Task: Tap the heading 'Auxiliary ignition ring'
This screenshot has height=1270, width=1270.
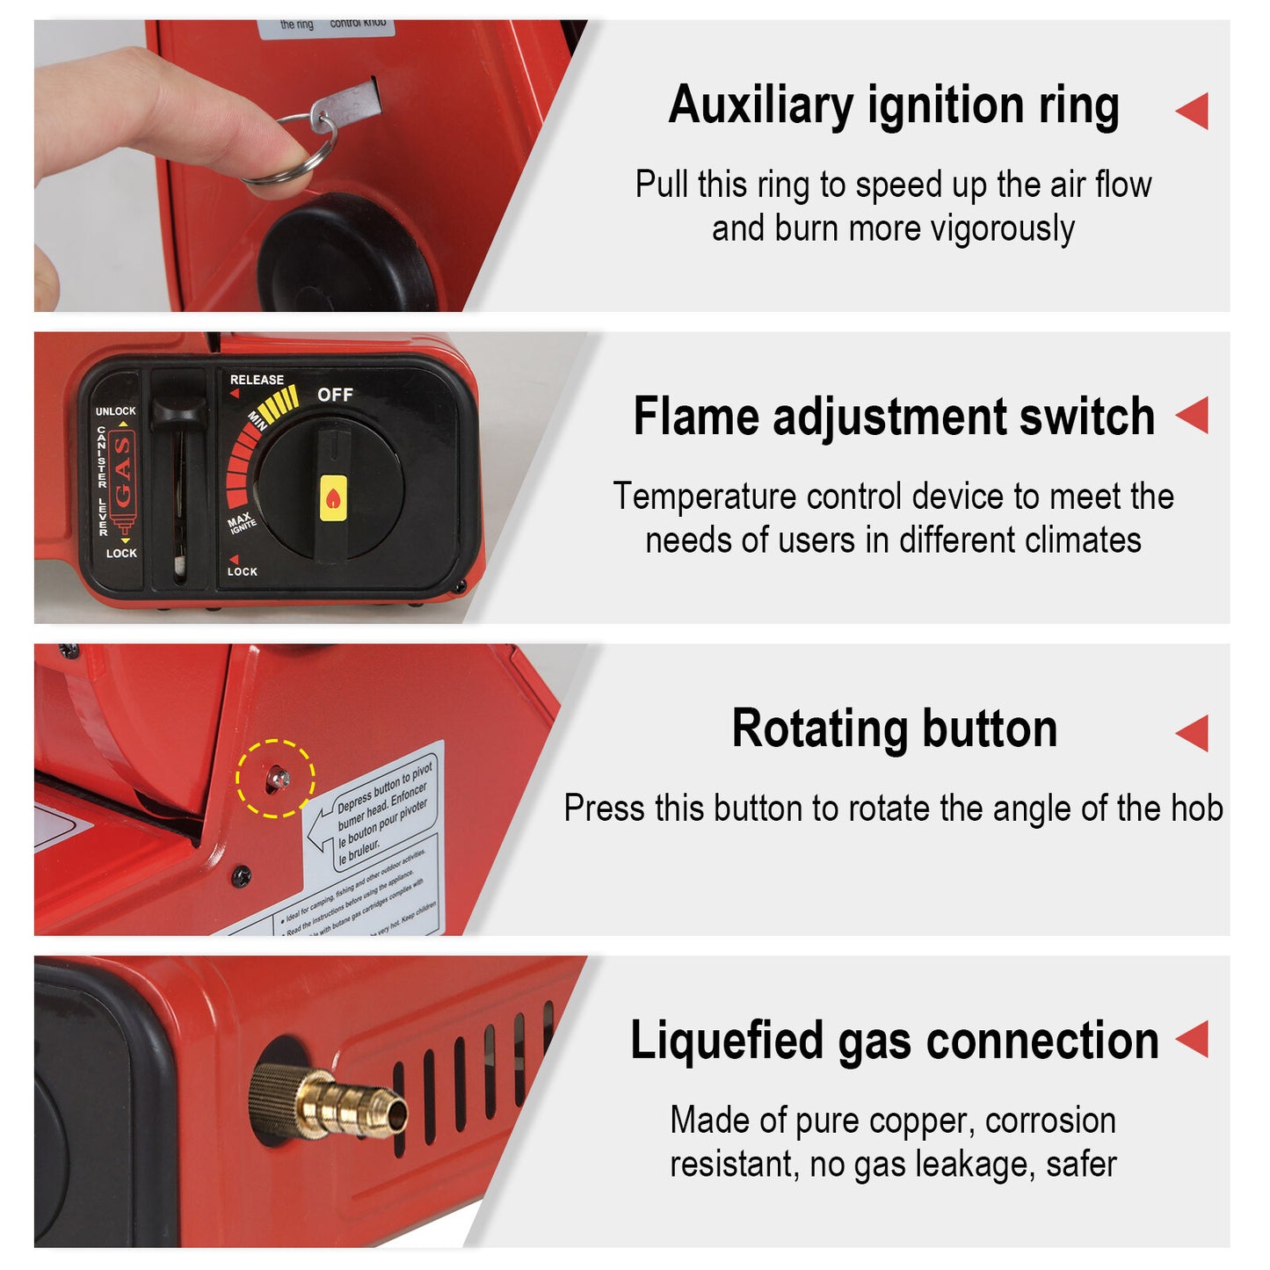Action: click(x=893, y=106)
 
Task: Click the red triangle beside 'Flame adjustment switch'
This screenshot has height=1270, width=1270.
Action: click(x=1193, y=415)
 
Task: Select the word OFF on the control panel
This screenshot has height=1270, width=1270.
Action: click(x=335, y=395)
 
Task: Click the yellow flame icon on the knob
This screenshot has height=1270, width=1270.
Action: click(x=333, y=498)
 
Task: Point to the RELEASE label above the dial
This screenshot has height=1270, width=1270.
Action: click(x=257, y=380)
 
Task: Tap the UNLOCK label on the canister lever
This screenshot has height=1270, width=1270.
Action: click(x=116, y=410)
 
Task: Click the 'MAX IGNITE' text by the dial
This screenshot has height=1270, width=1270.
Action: click(x=241, y=523)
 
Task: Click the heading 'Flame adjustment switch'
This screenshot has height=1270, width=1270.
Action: click(x=893, y=416)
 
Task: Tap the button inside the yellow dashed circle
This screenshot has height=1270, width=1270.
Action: click(x=278, y=778)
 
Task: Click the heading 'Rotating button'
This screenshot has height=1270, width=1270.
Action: click(x=894, y=729)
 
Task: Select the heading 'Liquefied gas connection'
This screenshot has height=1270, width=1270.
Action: click(x=894, y=1041)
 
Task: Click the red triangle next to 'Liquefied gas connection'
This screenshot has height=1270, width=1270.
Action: click(x=1193, y=1039)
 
